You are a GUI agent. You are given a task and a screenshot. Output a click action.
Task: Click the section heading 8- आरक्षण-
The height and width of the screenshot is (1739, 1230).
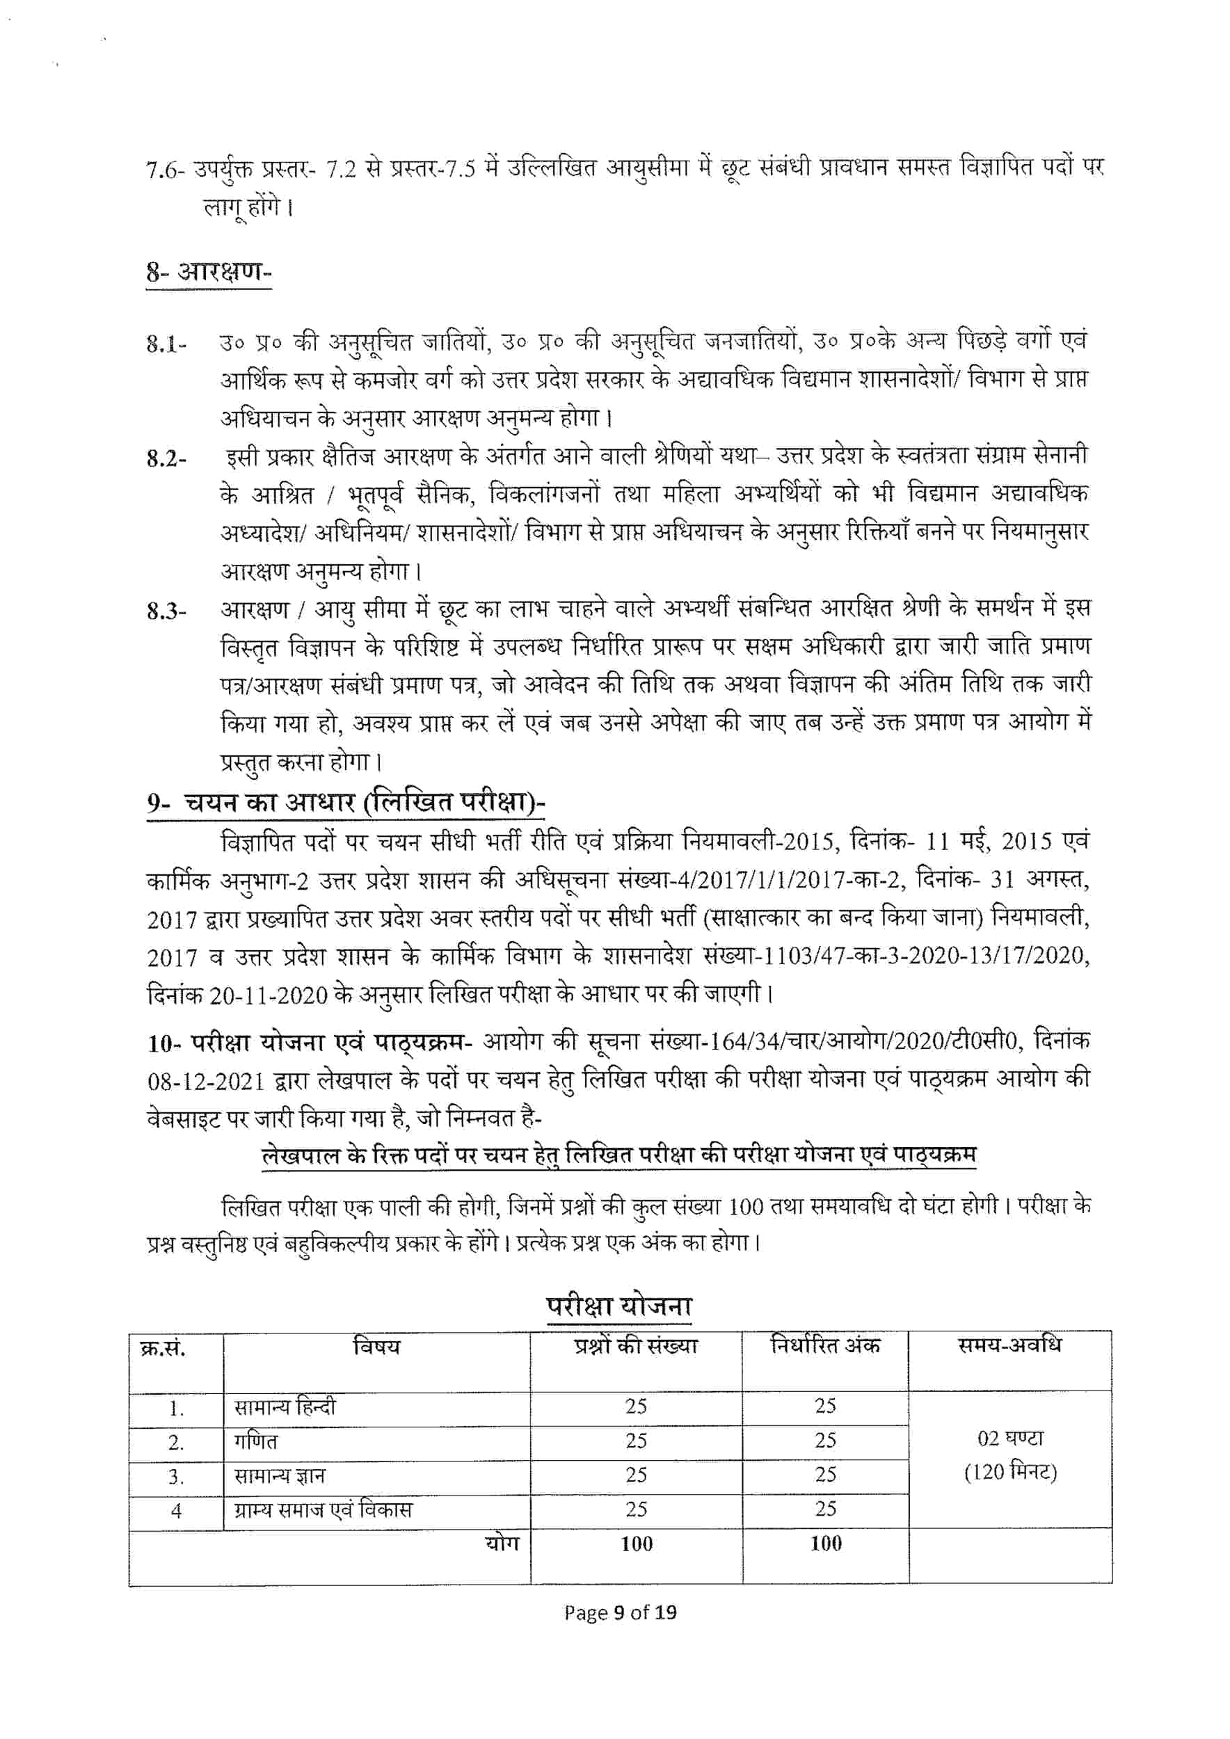click(208, 272)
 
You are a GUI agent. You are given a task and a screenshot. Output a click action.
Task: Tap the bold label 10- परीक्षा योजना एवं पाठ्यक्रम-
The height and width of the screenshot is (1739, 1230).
click(310, 1043)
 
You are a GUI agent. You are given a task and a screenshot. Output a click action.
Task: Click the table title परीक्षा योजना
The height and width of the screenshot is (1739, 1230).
click(618, 1306)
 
